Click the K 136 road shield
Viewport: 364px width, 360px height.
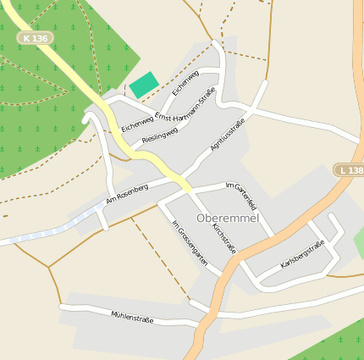[x=37, y=38]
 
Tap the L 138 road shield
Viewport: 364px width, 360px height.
[x=348, y=170]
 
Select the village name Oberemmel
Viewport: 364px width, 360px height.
[x=228, y=218]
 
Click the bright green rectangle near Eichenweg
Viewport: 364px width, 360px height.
[x=143, y=85]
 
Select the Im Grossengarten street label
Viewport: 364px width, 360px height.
[x=190, y=244]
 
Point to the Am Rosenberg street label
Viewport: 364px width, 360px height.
[x=127, y=194]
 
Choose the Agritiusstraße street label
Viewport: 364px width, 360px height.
[x=227, y=136]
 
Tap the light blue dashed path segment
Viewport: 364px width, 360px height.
[x=51, y=229]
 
